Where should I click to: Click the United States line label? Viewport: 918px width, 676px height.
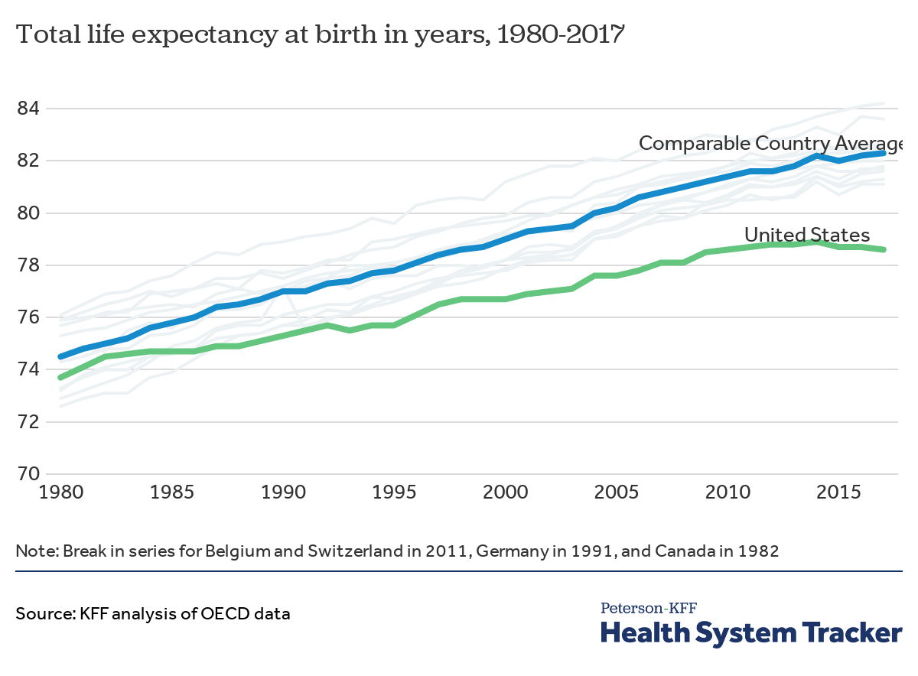pyautogui.click(x=807, y=235)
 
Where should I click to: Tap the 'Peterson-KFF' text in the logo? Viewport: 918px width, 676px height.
pyautogui.click(x=649, y=609)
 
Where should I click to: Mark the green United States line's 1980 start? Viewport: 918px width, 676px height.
pyautogui.click(x=60, y=377)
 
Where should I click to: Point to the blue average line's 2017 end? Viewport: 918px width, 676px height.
pyautogui.click(x=884, y=153)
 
